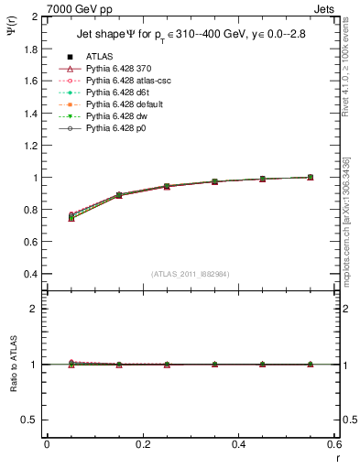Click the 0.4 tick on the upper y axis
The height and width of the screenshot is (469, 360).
(x=32, y=274)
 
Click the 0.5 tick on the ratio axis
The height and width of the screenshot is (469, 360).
(x=32, y=420)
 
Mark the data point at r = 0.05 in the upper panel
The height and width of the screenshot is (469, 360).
(x=71, y=217)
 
